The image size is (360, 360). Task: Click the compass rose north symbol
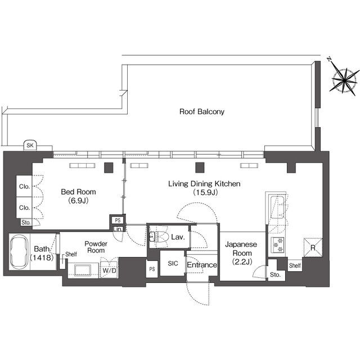(343, 79)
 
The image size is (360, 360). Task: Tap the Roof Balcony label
(202, 112)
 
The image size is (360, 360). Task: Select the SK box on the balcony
(30, 145)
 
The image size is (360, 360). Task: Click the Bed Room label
(78, 192)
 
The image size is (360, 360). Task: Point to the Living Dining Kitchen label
(204, 184)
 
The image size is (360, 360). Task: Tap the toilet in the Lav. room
(159, 236)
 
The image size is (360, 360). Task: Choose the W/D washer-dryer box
(109, 270)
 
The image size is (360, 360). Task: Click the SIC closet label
(173, 263)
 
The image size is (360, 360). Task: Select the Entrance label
(202, 265)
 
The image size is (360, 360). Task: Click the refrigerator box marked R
(313, 247)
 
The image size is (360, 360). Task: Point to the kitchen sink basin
(277, 208)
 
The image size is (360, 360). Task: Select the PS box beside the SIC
(152, 269)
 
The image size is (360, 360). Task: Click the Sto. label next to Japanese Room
(275, 274)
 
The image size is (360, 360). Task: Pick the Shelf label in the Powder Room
(71, 254)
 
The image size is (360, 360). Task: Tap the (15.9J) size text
(205, 192)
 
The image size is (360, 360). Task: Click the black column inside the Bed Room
(109, 168)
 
